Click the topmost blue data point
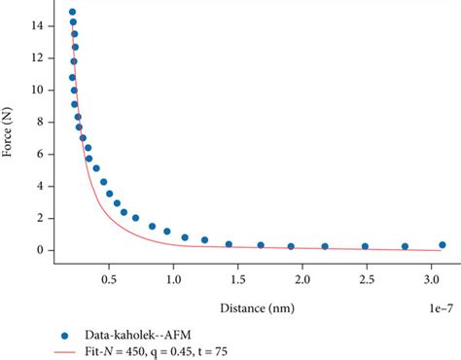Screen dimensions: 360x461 [73, 13]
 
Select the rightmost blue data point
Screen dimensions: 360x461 [443, 245]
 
